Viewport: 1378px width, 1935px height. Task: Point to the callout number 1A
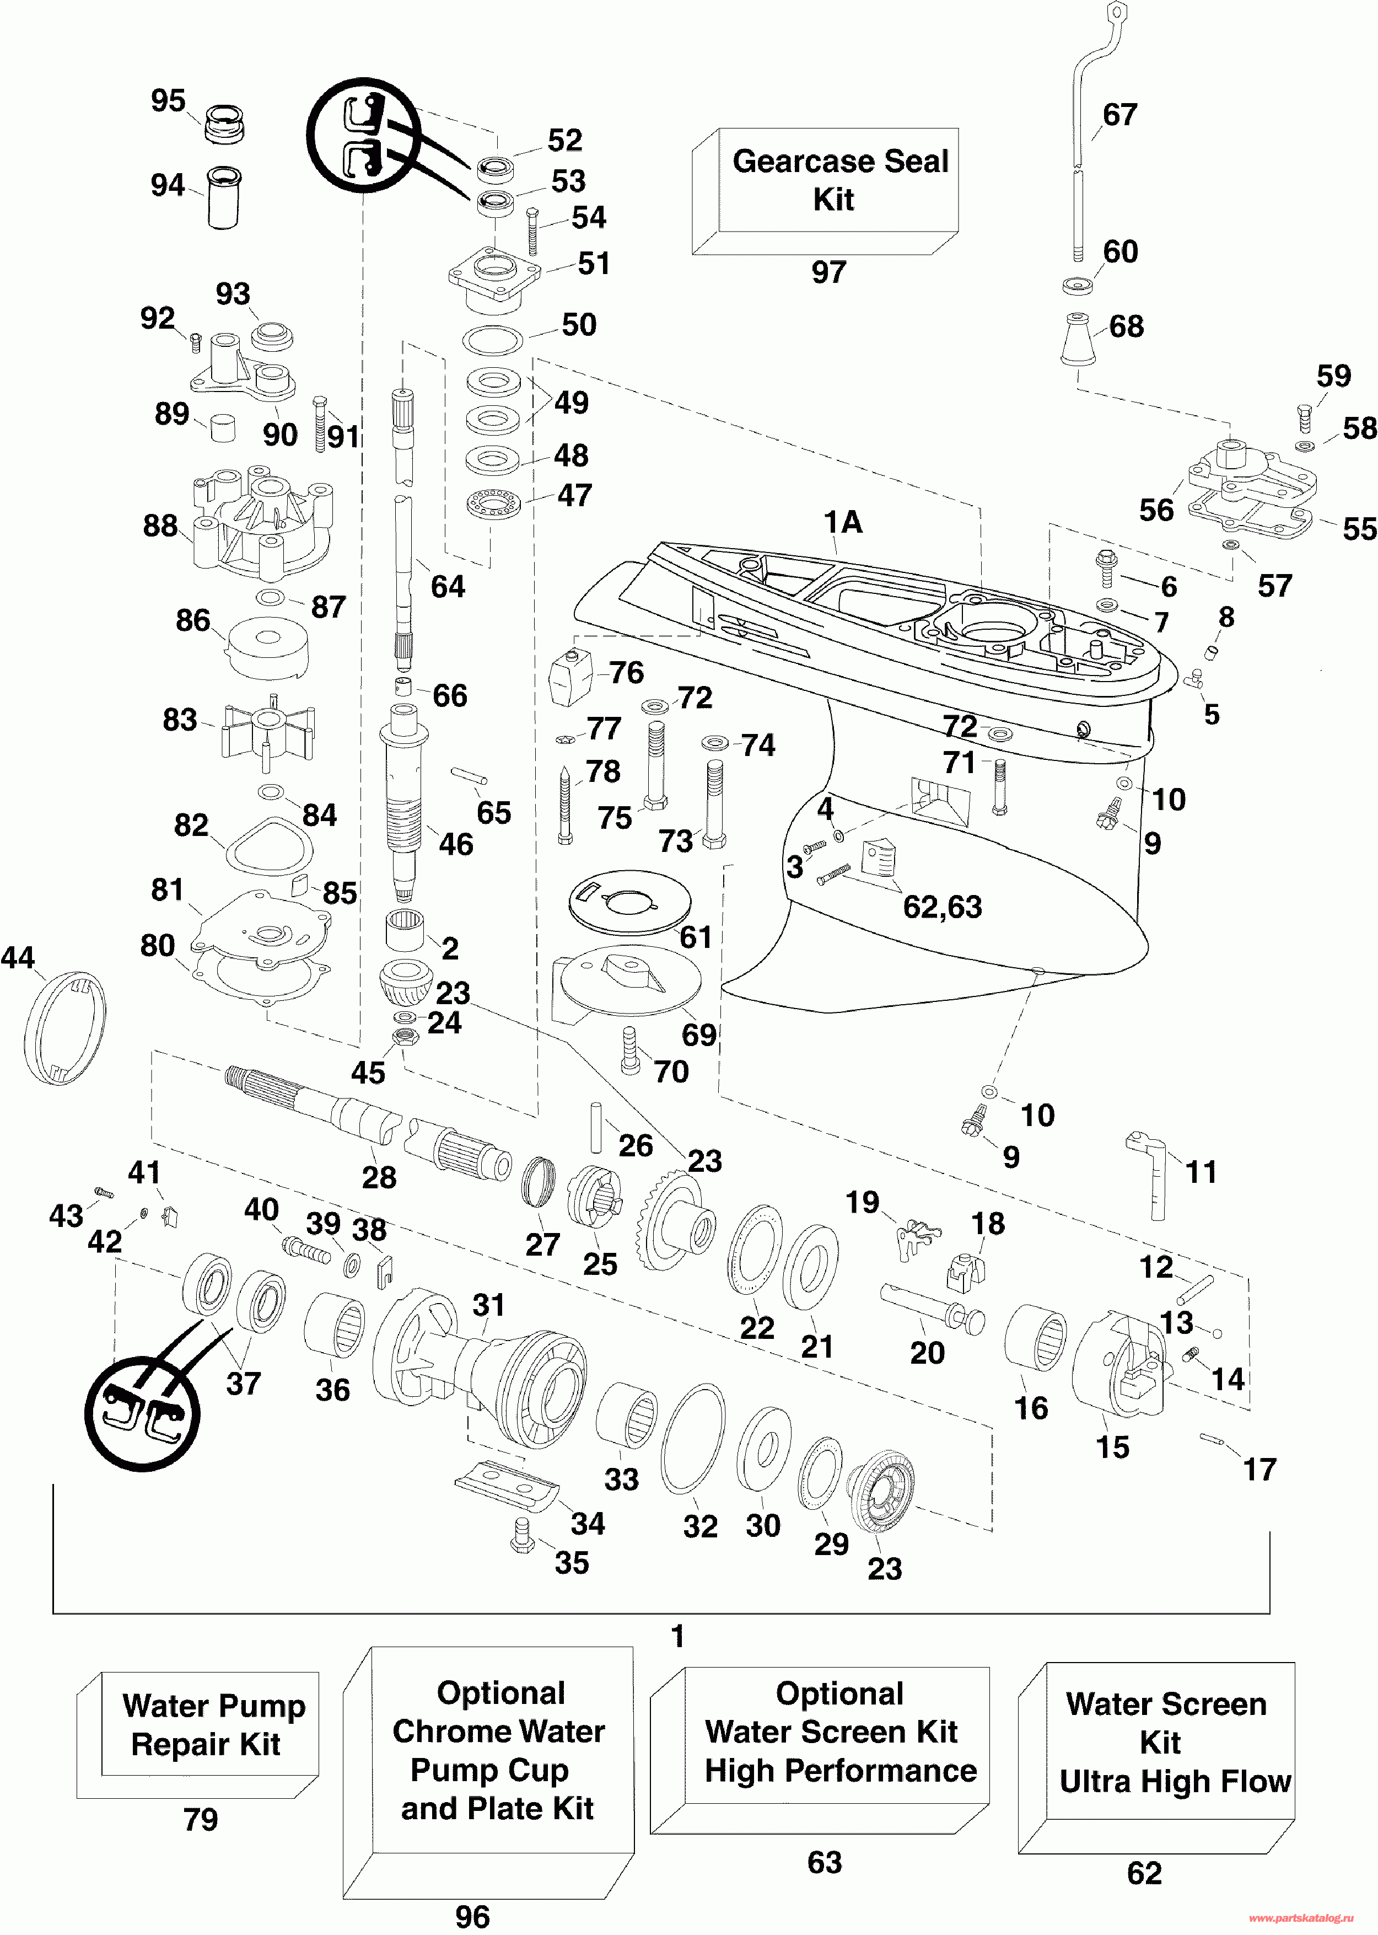pos(843,522)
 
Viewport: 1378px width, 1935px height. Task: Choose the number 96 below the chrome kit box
pos(472,1916)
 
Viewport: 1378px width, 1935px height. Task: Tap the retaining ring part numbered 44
pos(66,1027)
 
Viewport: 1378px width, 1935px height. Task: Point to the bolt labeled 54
pos(533,231)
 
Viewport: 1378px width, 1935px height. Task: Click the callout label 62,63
pos(942,907)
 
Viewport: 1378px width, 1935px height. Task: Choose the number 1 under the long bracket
pos(677,1636)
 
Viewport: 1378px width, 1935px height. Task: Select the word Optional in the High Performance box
pos(839,1693)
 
